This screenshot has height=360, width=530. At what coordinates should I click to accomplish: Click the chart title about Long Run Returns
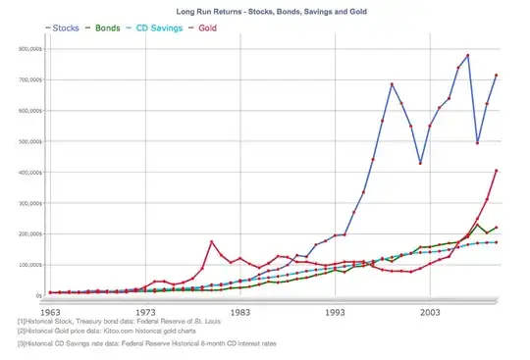tap(264, 9)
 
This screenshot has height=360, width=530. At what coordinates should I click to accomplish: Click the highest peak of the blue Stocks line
tap(468, 55)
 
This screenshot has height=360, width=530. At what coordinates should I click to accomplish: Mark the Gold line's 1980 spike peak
tap(212, 241)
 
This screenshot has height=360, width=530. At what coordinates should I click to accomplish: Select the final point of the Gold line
tap(497, 171)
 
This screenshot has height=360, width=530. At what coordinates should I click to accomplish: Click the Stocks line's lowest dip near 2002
tap(420, 163)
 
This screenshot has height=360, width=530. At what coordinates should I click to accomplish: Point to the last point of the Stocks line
tap(497, 76)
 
